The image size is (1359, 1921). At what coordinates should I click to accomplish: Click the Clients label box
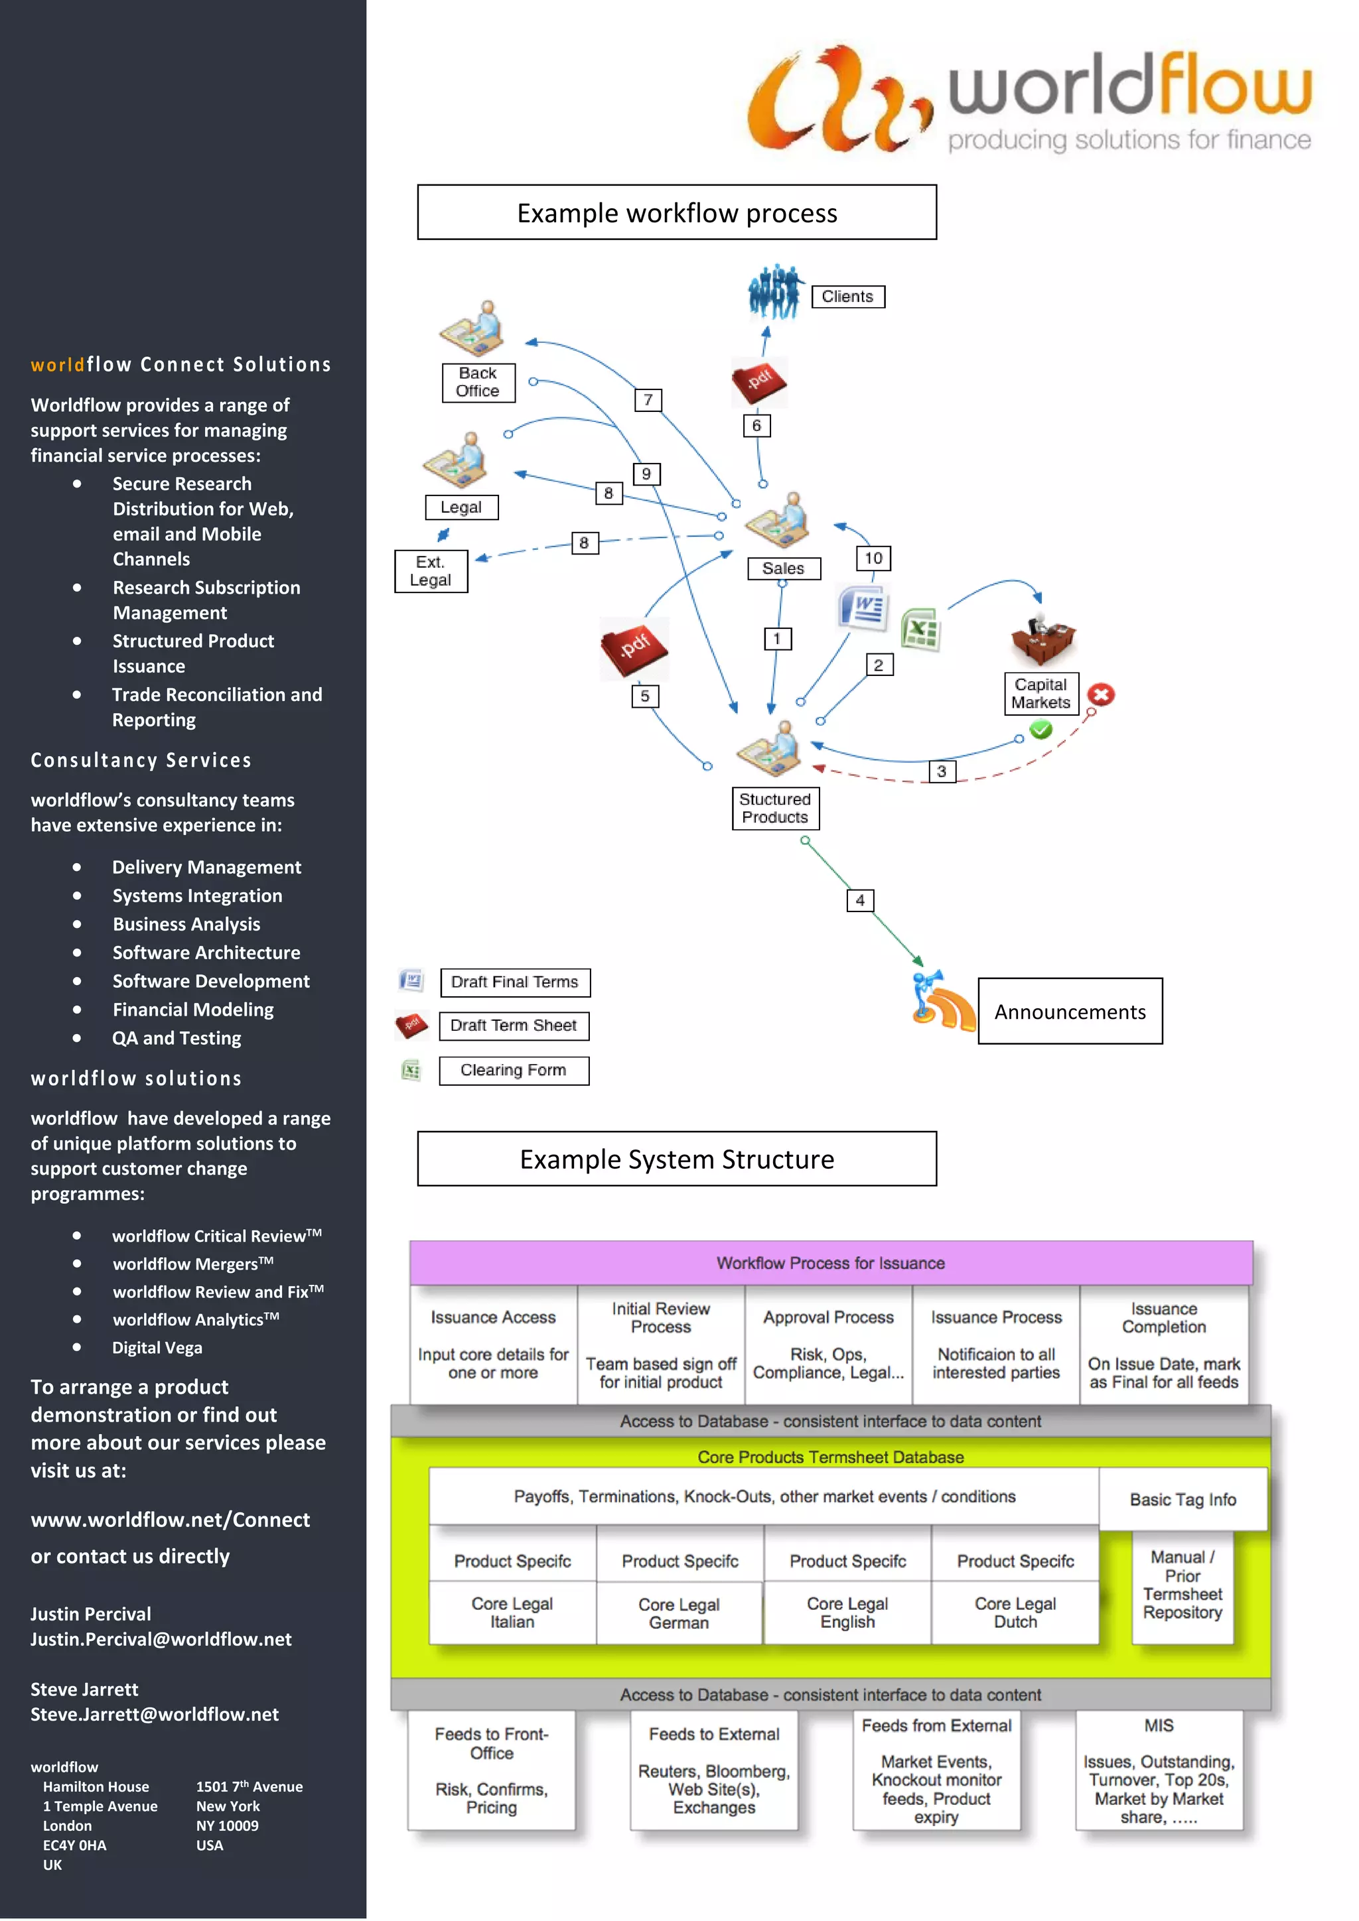pos(847,297)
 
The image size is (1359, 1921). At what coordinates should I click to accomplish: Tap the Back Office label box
pos(478,382)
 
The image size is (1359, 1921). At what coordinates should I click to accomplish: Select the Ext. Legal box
pos(431,571)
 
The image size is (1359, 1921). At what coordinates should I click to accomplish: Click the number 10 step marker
pos(873,558)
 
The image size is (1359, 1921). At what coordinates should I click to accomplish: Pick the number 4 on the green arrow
pos(859,900)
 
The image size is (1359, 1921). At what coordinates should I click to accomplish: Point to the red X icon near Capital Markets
pos(1102,695)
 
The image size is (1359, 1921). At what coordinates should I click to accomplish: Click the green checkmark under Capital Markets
pos(1040,730)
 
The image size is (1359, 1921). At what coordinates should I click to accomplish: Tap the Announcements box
pos(1070,1012)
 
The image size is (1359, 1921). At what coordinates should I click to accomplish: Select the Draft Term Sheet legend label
pos(514,1026)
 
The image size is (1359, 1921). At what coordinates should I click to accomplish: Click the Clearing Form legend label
pos(514,1070)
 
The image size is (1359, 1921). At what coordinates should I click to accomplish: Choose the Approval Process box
pos(828,1344)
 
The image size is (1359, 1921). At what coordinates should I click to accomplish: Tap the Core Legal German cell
pos(679,1613)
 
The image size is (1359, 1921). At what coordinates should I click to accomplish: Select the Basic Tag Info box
pos(1182,1499)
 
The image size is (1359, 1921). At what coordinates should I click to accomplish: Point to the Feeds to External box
pos(714,1770)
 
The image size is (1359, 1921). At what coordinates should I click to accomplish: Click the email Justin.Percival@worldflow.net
pos(161,1639)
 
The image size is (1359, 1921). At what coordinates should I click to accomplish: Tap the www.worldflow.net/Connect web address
pos(171,1520)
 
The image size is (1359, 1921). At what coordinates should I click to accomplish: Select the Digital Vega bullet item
pos(157,1348)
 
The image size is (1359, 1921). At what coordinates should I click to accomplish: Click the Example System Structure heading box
pos(676,1159)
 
